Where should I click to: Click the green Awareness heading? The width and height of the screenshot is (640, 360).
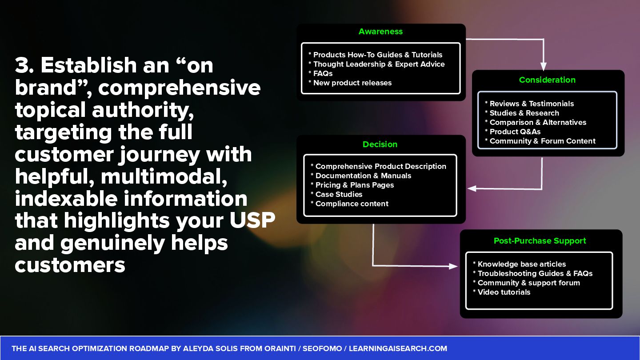coord(380,32)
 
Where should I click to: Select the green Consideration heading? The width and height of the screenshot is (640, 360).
coord(547,80)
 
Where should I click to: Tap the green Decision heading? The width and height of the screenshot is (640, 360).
coord(380,144)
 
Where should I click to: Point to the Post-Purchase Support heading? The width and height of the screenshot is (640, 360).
coord(540,241)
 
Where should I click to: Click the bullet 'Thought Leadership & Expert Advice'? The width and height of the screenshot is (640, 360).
coord(379,64)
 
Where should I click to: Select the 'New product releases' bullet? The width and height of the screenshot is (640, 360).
coord(352,83)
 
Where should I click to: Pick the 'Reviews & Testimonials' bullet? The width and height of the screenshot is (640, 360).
coord(532,104)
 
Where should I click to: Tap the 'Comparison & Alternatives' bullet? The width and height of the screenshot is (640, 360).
coord(538,122)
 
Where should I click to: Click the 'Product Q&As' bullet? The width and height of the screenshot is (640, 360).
coord(515,132)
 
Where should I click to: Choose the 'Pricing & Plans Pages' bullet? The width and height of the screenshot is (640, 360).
coord(354,185)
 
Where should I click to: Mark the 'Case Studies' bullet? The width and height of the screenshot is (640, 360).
coord(339,194)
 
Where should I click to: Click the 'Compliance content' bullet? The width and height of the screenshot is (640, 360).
coord(352,204)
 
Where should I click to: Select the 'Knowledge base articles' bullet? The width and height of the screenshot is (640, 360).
coord(521,264)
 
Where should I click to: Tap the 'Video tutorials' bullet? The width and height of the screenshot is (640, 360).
coord(504,292)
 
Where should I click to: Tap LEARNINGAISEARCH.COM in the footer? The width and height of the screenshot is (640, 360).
coord(398,348)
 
